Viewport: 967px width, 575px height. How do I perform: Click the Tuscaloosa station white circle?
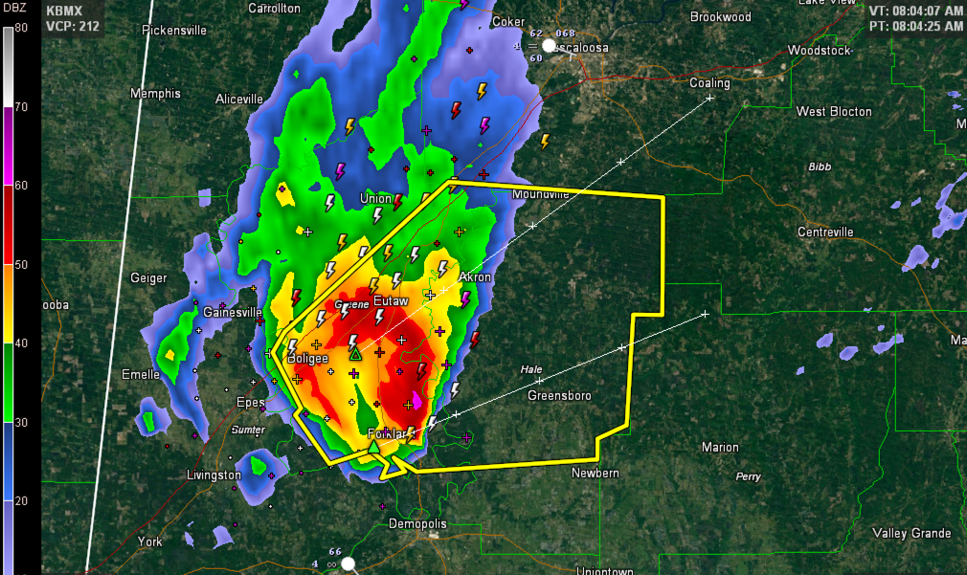549,45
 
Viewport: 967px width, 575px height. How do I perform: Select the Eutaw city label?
391,301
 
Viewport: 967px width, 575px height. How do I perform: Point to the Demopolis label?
417,524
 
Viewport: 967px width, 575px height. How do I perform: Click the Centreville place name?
825,232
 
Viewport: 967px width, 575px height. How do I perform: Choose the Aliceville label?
239,99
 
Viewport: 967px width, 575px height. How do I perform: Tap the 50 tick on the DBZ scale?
21,264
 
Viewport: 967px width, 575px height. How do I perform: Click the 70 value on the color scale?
21,106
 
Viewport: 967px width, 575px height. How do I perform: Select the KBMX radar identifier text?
65,11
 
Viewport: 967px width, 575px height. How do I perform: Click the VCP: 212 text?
73,26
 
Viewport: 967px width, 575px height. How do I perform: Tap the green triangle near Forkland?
373,446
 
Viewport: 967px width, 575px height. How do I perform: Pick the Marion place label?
720,447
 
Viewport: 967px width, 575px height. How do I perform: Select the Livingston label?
214,475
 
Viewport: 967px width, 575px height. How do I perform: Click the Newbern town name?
596,473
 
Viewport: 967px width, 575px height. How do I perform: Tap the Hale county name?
531,369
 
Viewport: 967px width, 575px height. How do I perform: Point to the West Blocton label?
834,112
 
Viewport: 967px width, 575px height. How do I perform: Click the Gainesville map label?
233,312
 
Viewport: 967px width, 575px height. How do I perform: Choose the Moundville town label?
541,194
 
